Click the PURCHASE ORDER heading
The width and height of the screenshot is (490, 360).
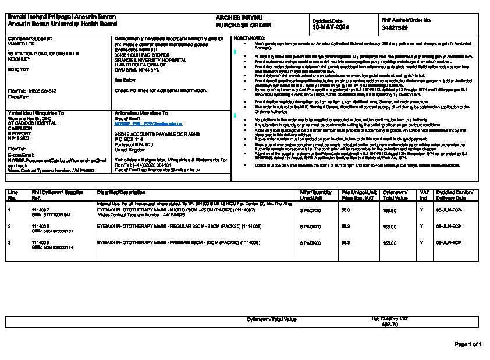point(236,26)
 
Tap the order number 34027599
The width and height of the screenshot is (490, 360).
point(395,27)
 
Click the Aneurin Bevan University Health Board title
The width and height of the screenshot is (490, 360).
point(54,24)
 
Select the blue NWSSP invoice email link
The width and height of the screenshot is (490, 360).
point(148,124)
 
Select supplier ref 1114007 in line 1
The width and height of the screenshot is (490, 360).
point(40,209)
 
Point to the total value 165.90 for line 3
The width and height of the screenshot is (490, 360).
point(389,241)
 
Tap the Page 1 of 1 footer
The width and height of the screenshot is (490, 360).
point(468,344)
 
